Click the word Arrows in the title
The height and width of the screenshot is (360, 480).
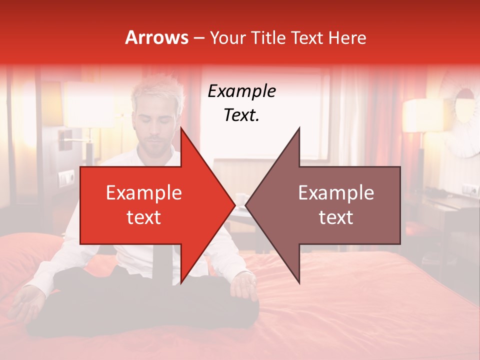pos(156,37)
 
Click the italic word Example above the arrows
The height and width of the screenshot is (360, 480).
pos(241,91)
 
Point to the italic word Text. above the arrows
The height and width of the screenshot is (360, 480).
pos(241,115)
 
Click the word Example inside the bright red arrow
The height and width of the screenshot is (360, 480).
pos(143,193)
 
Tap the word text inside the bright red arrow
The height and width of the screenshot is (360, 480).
pos(143,217)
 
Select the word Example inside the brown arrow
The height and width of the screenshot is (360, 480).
pos(336,193)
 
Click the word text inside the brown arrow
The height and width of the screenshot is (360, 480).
pos(336,217)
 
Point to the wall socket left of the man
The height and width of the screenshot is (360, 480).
pos(66,178)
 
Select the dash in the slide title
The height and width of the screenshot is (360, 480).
pos(198,38)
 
